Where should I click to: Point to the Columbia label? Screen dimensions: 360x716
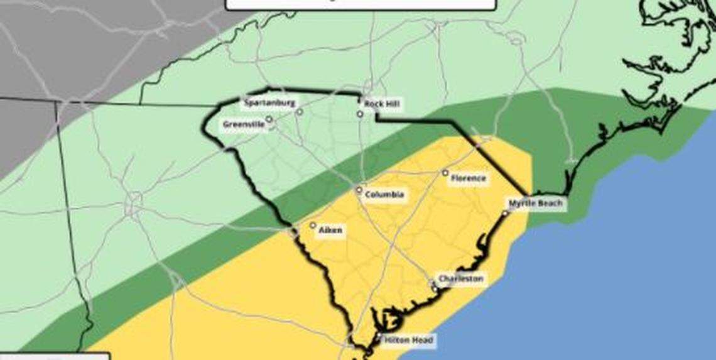pos(384,195)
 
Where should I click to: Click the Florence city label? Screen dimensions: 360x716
pos(469,178)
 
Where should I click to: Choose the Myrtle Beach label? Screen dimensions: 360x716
pos(536,204)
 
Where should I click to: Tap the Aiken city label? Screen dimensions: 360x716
pos(330,231)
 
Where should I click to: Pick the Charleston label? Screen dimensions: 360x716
pos(460,278)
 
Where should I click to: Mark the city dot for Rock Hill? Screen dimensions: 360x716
pos(360,114)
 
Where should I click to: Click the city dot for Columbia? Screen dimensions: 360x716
pos(359,190)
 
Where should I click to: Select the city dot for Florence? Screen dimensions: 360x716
pos(445,173)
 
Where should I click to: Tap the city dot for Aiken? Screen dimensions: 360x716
pos(313,225)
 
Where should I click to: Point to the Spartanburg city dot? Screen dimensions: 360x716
pos(300,112)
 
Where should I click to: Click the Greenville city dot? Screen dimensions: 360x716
pos(269,119)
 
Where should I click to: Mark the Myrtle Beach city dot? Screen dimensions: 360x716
pos(505,214)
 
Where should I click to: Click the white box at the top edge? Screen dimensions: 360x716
pos(361,4)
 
